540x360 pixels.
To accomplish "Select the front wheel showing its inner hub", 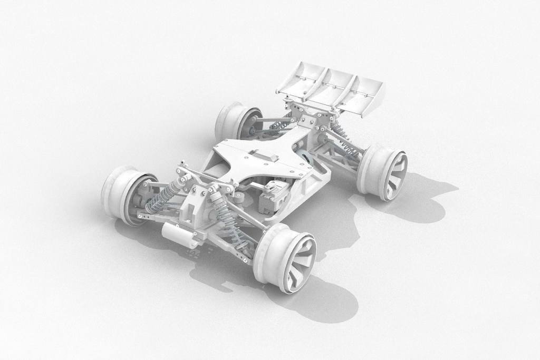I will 127,194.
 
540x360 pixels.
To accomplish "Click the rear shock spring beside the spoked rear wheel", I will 343,140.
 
